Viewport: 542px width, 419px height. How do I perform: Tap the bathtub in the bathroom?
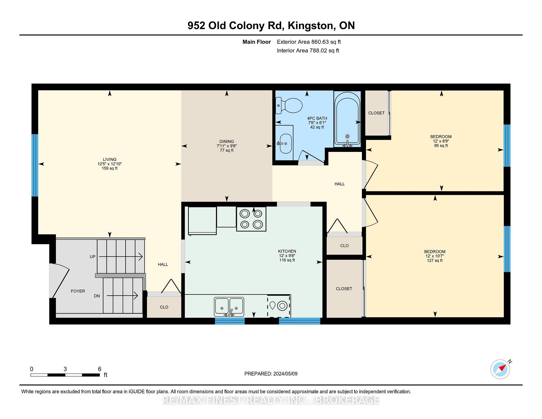[x=347, y=119]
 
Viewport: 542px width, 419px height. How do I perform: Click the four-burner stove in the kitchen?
[x=251, y=219]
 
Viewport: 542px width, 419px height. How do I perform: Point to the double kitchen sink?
[x=229, y=307]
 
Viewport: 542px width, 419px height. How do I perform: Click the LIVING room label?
[x=110, y=160]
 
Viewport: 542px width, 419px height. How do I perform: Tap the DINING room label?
[x=227, y=141]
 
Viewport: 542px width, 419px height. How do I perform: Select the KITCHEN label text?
[x=287, y=251]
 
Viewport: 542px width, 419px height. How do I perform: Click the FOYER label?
[x=78, y=291]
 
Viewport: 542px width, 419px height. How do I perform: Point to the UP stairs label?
[x=93, y=257]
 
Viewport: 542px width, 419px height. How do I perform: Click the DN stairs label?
[x=97, y=296]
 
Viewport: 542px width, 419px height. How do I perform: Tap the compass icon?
[x=501, y=369]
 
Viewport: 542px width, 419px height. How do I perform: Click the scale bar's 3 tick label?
[x=65, y=369]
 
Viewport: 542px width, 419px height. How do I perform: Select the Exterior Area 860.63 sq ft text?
[x=309, y=42]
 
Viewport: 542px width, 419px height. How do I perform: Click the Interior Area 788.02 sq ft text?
[x=308, y=51]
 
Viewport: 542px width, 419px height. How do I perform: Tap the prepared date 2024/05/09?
[x=285, y=374]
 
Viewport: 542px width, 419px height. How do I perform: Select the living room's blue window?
[x=35, y=165]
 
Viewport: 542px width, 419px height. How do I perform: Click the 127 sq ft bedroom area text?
[x=435, y=261]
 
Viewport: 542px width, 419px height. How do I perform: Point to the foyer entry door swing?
[x=60, y=281]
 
